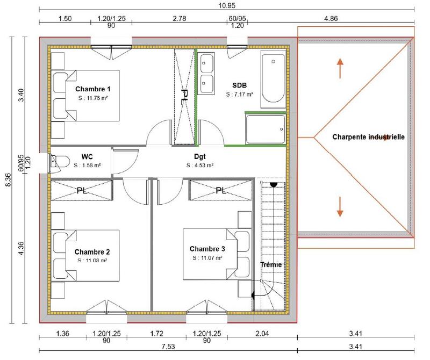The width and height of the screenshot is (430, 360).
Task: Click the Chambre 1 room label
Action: click(92, 89)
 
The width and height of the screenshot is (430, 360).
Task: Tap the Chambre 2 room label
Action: click(92, 252)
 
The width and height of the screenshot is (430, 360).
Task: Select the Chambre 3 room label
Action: click(207, 249)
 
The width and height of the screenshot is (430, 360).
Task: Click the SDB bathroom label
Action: click(239, 85)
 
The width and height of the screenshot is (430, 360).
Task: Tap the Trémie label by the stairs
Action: click(270, 265)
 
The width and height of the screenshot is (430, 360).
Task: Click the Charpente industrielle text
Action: click(368, 137)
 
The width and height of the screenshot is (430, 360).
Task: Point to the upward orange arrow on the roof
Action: click(340, 68)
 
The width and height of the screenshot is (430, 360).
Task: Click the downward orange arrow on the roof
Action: click(340, 207)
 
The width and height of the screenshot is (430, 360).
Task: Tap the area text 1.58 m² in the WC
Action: click(88, 165)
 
